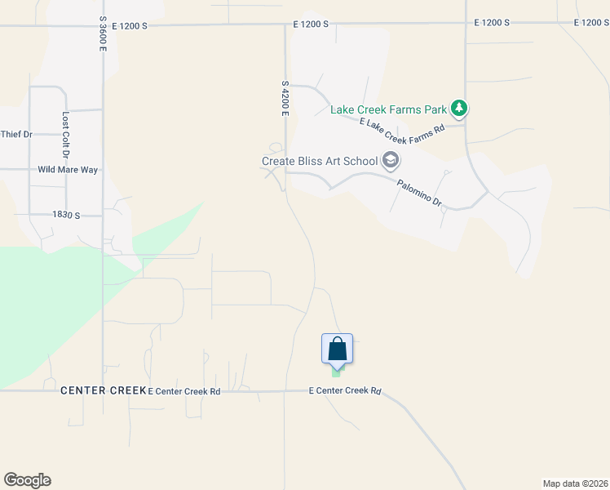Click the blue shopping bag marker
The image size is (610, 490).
click(x=337, y=349)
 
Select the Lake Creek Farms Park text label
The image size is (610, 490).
click(x=389, y=109)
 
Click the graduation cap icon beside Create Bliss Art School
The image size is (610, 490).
click(x=391, y=160)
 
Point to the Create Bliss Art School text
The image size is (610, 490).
click(x=319, y=161)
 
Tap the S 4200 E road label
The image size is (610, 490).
click(x=285, y=98)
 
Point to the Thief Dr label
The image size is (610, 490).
click(x=15, y=134)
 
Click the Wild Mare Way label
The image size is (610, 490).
click(x=68, y=170)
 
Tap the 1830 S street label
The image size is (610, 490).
click(x=66, y=215)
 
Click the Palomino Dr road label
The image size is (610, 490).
click(x=419, y=191)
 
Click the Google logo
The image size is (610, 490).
click(x=27, y=480)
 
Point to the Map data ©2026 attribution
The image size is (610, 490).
click(x=574, y=483)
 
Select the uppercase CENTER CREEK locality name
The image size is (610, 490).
click(x=103, y=391)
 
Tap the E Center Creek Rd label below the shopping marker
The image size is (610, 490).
click(x=345, y=391)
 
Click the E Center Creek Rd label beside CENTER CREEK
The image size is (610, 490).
click(x=184, y=391)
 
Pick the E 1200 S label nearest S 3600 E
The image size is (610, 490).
click(x=130, y=25)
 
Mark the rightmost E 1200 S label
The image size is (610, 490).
click(x=591, y=23)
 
